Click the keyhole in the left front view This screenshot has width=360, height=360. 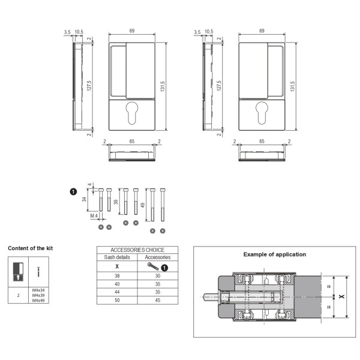click(x=132, y=113)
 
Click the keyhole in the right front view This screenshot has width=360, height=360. click(x=262, y=113)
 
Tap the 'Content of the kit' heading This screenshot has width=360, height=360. click(x=31, y=248)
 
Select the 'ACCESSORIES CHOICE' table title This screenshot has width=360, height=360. click(x=137, y=250)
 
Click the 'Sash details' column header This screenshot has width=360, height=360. click(x=117, y=257)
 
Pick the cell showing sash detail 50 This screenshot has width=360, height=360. click(x=117, y=301)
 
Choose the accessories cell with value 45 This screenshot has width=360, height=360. click(x=158, y=301)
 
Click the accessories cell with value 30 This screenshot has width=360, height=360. click(x=158, y=276)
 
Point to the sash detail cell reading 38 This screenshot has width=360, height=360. click(x=117, y=276)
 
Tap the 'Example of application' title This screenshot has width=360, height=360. click(x=275, y=254)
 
